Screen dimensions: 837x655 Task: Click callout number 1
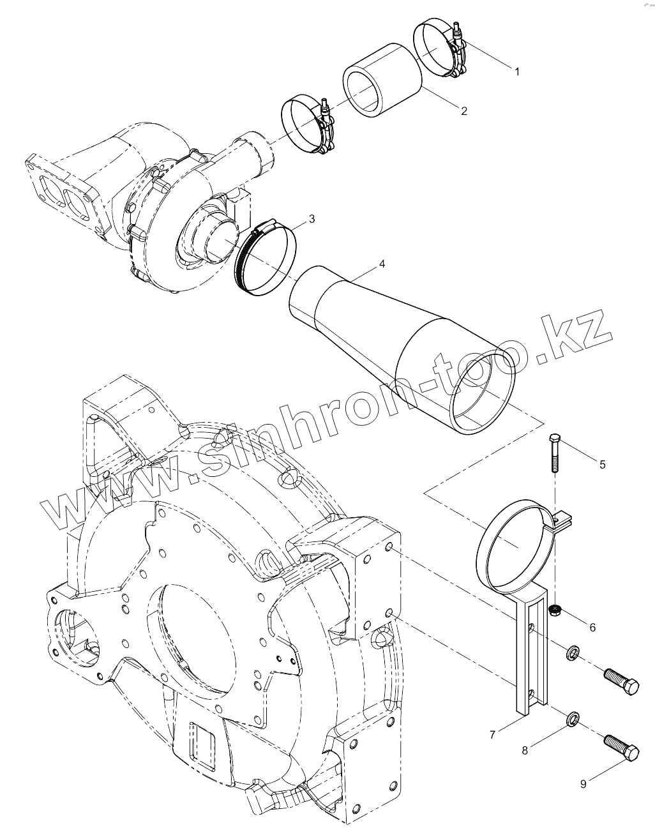pyautogui.click(x=517, y=72)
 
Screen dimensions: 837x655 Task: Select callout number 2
pyautogui.click(x=464, y=111)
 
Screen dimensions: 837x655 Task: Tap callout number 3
pyautogui.click(x=312, y=219)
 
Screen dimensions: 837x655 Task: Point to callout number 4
pyautogui.click(x=381, y=263)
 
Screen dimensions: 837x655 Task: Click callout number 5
pyautogui.click(x=602, y=464)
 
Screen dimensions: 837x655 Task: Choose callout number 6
pyautogui.click(x=592, y=628)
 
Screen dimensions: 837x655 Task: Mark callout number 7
pyautogui.click(x=492, y=735)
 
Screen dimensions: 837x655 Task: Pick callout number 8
pyautogui.click(x=525, y=751)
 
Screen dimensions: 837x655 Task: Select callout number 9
pyautogui.click(x=583, y=784)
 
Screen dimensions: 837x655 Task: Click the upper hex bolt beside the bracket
pyautogui.click(x=621, y=681)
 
